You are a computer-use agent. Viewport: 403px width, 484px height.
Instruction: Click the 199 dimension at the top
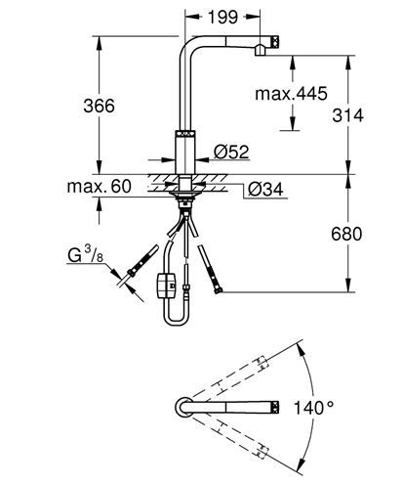point(222,17)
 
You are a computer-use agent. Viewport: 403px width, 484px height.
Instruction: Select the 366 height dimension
point(99,106)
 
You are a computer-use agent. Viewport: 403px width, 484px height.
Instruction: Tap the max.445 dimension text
point(291,94)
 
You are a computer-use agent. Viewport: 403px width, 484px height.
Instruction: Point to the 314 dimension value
point(347,115)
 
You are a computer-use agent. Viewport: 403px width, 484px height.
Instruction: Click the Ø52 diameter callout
point(231,152)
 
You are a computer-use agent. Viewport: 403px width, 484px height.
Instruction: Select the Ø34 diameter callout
point(265,189)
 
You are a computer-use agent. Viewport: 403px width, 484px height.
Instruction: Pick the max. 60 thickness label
point(100,186)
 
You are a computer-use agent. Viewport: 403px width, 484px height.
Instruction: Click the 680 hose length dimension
point(346,234)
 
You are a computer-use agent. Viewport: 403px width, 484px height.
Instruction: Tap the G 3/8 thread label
point(86,254)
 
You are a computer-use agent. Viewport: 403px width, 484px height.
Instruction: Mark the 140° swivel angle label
point(313,408)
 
